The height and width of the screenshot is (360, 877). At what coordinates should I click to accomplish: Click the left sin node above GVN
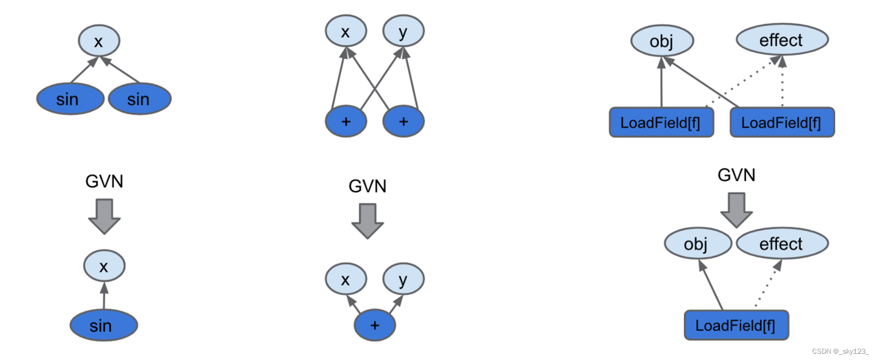[x=70, y=99]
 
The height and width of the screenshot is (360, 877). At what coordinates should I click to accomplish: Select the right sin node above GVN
[x=139, y=99]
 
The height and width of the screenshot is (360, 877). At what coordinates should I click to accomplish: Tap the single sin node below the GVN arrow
[x=103, y=325]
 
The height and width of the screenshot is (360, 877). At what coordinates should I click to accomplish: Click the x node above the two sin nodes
[x=99, y=41]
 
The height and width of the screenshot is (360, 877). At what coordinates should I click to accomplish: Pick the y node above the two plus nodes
[x=403, y=31]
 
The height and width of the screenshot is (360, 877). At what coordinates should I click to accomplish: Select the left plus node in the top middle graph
[x=346, y=121]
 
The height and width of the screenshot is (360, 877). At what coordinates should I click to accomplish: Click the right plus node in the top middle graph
[x=403, y=121]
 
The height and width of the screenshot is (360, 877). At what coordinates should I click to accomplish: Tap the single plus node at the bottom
[x=375, y=325]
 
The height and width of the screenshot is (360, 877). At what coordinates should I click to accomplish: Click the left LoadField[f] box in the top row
[x=661, y=123]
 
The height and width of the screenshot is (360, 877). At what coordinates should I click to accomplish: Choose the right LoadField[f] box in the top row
[x=782, y=123]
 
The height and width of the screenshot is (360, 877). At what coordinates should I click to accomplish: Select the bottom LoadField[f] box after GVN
[x=736, y=326]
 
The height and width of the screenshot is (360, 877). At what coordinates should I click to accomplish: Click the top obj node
[x=662, y=41]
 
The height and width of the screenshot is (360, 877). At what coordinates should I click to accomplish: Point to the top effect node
[x=781, y=40]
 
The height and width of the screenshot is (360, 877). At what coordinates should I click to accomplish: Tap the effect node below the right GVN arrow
[x=781, y=243]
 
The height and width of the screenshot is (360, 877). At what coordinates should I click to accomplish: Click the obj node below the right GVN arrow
[x=697, y=243]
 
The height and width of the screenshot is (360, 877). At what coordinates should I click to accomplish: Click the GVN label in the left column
[x=104, y=181]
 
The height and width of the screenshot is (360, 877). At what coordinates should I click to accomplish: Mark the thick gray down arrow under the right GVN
[x=736, y=210]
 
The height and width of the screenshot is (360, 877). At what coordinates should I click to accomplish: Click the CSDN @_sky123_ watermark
[x=840, y=352]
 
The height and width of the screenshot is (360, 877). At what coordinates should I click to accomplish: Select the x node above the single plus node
[x=345, y=279]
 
